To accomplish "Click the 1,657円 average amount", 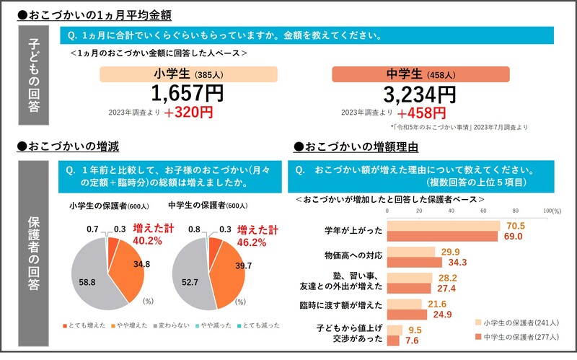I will tap(188, 93).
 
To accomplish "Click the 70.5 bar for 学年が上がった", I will tap(444, 226).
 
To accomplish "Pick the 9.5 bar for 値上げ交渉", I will tap(395, 330).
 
